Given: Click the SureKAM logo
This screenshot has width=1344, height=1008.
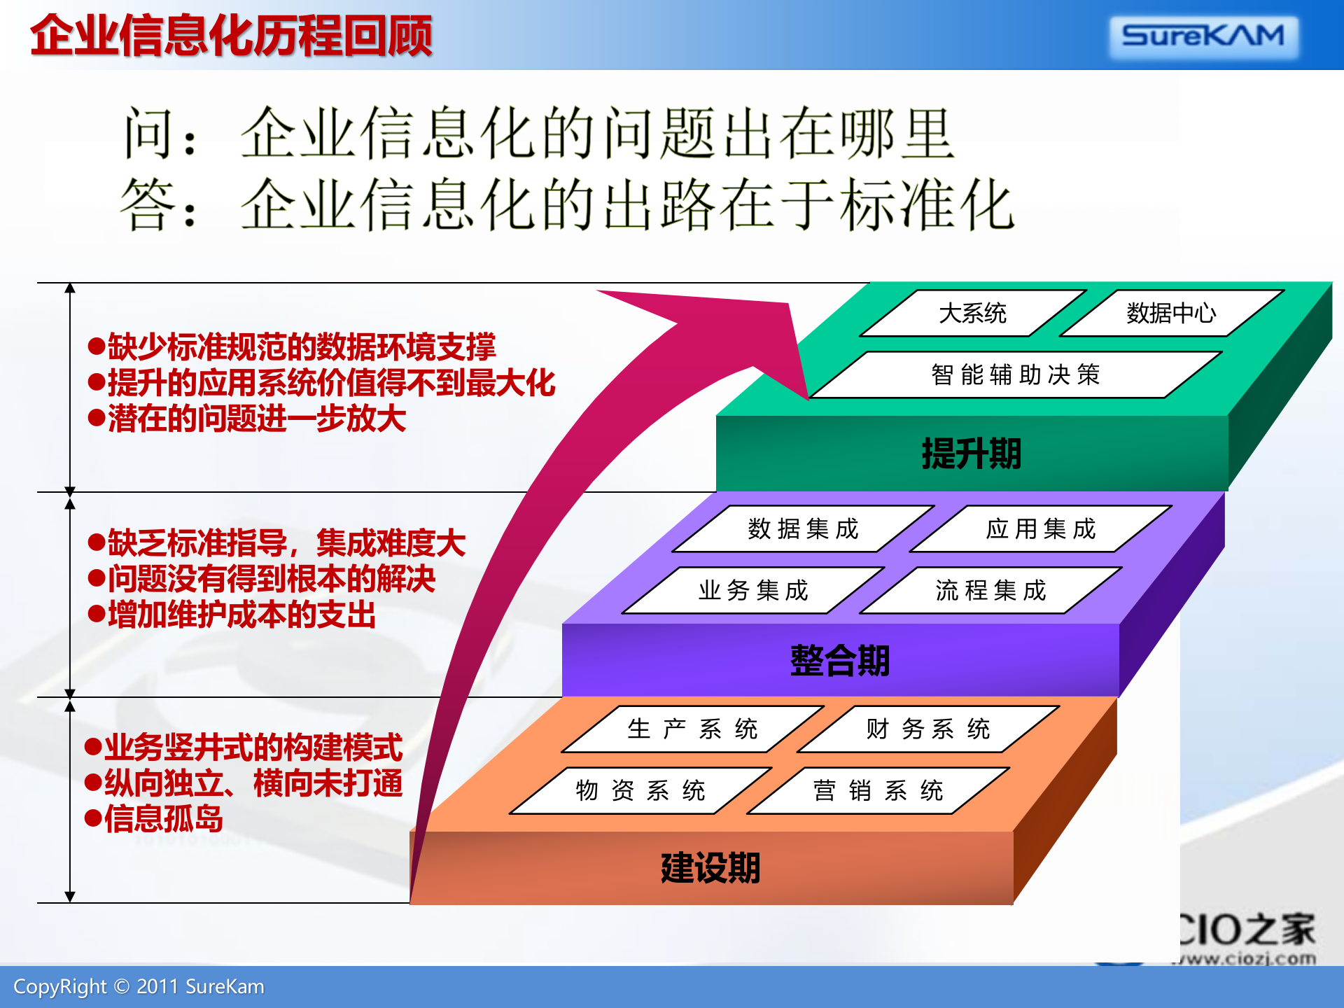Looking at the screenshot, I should (1203, 36).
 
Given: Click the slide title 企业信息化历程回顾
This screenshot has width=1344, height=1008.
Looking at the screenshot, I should (231, 36).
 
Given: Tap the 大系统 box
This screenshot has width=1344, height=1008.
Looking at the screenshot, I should (972, 313).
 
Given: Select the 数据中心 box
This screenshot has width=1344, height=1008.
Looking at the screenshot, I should (1171, 313).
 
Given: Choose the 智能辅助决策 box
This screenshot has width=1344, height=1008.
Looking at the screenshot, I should (1015, 375).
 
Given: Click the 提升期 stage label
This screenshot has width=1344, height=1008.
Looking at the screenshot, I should (972, 454).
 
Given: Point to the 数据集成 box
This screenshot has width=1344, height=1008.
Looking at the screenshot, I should (803, 529).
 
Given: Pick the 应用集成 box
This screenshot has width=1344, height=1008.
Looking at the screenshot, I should (1041, 529).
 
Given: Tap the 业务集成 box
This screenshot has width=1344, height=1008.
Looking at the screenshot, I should (753, 591).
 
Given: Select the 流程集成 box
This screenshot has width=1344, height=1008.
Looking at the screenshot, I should (990, 591).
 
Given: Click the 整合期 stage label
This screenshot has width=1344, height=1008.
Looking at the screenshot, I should (840, 661).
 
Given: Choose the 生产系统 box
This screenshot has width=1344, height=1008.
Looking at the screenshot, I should (693, 729).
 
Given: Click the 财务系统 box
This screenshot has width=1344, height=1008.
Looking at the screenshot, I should (928, 729).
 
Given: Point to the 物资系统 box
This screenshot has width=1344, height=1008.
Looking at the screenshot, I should (640, 791).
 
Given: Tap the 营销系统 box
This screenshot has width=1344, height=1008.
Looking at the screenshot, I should (878, 791).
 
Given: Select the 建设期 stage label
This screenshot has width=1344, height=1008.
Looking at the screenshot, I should (710, 868).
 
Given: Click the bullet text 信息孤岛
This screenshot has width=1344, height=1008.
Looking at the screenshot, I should (164, 819).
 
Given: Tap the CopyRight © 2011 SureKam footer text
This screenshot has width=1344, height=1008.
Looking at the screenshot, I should (139, 987).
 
